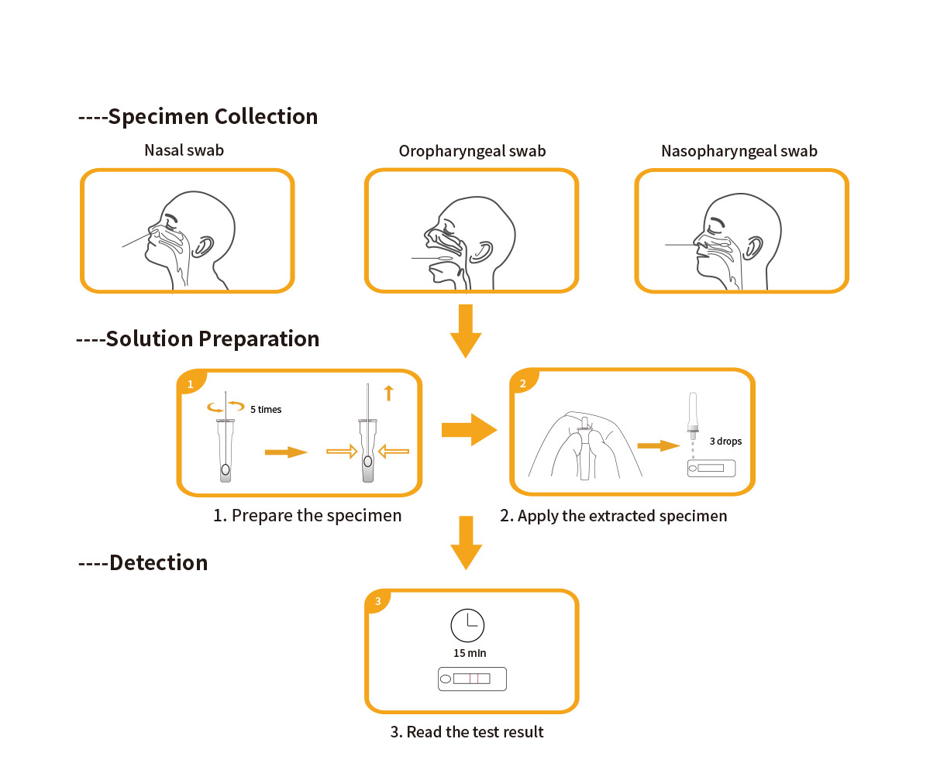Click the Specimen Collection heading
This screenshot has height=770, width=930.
[198, 116]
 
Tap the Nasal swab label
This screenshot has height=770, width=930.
[184, 150]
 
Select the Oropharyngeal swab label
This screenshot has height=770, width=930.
[472, 151]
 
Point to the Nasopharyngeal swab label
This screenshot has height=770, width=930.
[739, 151]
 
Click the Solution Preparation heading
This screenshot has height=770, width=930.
[198, 339]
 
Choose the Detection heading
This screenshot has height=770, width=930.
[144, 562]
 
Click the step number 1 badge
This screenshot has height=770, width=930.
[190, 383]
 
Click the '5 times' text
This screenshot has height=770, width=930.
[266, 409]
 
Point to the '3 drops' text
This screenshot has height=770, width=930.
[725, 442]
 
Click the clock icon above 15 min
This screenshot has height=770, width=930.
[467, 624]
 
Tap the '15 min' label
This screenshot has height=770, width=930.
[470, 653]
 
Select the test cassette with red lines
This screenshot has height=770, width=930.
[471, 679]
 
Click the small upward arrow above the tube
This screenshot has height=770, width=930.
[388, 394]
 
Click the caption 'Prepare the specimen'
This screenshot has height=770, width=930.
[308, 515]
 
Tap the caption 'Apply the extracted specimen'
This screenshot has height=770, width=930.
[614, 516]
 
